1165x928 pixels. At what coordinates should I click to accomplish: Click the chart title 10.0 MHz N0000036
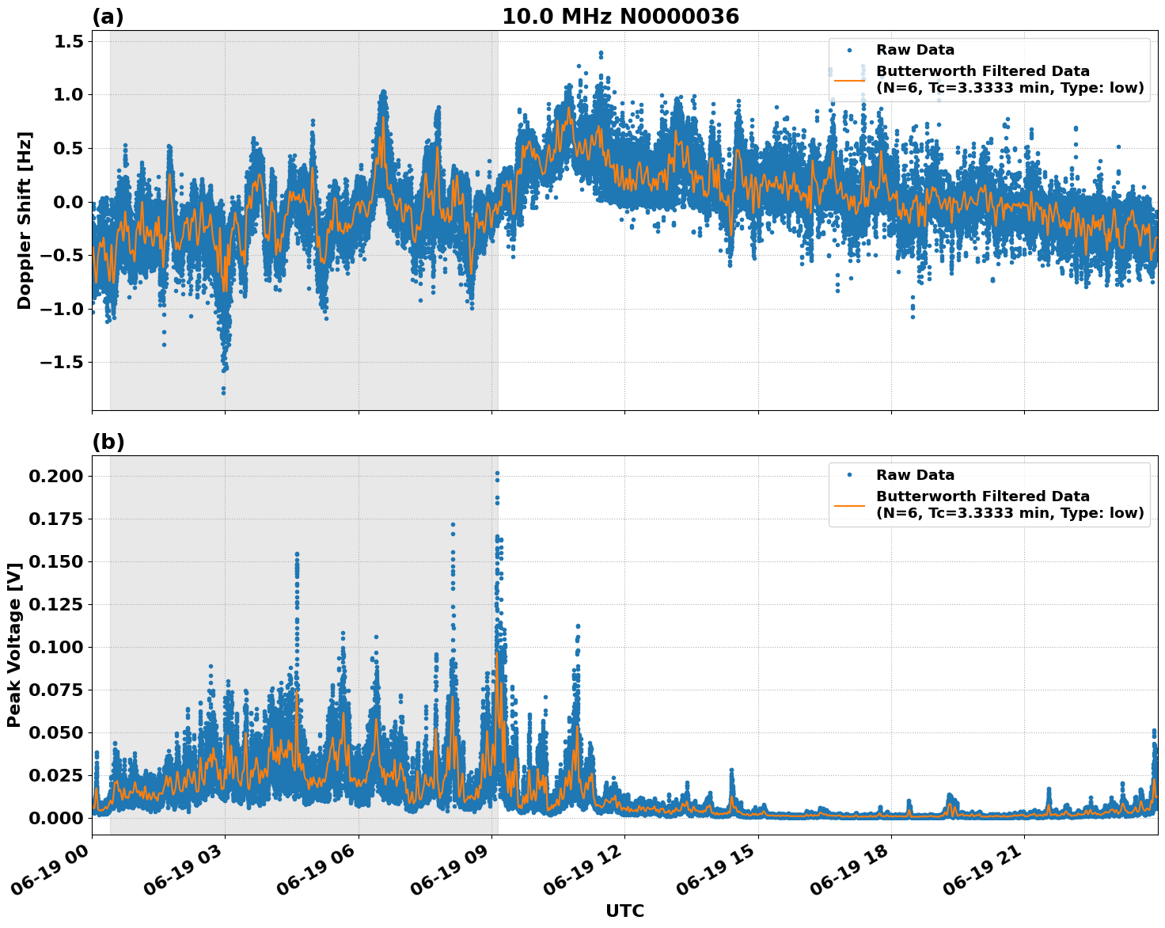[620, 17]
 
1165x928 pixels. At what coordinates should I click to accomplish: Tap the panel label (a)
[108, 17]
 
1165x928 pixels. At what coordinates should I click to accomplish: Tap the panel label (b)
[108, 442]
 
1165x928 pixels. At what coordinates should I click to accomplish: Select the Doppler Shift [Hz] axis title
[25, 220]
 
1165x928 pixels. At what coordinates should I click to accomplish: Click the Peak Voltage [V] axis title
[13, 645]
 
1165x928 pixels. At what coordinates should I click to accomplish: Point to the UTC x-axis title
[624, 911]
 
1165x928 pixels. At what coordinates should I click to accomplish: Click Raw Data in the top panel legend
[915, 50]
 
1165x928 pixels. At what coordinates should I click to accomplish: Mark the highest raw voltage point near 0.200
[497, 474]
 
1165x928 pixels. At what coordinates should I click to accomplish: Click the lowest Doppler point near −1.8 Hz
[223, 392]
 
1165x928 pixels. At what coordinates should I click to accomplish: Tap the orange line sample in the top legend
[849, 80]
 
